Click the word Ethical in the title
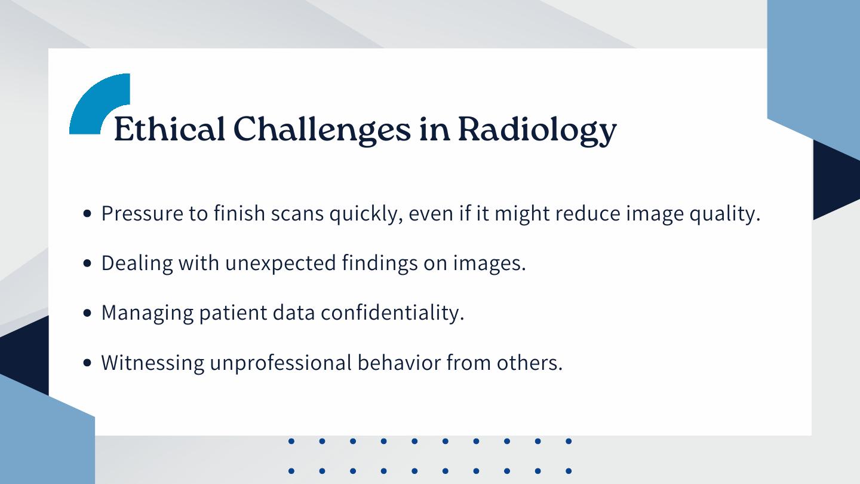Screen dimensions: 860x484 click(170, 129)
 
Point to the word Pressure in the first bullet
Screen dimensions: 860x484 click(142, 213)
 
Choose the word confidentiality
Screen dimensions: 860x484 click(392, 313)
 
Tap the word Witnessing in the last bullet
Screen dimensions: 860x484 click(152, 363)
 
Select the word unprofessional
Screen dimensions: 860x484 click(281, 363)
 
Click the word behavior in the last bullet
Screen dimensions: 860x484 click(399, 362)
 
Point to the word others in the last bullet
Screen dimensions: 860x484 click(529, 362)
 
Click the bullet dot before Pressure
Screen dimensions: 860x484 click(87, 213)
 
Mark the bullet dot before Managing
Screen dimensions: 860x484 click(87, 313)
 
